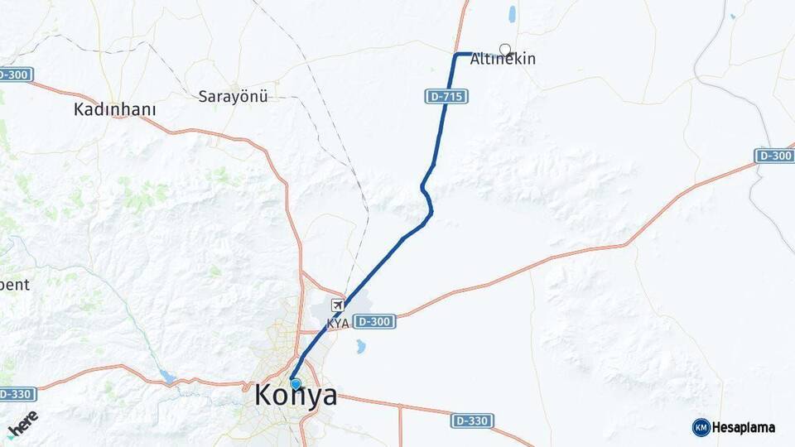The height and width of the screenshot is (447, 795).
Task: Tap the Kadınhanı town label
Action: point(115,109)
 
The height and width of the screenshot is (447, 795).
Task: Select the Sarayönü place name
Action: point(234,97)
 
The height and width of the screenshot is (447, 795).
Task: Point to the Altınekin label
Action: point(503,60)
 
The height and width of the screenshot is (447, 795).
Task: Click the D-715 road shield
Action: point(448,97)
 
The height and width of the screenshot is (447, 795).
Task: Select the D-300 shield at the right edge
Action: point(774,156)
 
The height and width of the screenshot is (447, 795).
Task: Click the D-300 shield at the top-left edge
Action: point(15,74)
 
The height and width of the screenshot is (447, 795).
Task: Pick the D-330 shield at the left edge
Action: point(17,394)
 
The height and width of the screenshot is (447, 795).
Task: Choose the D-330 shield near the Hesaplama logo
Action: point(473,421)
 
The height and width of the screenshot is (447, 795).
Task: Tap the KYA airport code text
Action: point(338,323)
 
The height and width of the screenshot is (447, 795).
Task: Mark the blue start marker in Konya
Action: point(296,383)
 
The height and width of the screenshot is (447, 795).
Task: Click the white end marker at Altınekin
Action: point(505,49)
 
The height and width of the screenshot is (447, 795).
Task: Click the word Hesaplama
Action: point(744,428)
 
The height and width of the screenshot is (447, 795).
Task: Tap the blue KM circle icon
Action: point(701,428)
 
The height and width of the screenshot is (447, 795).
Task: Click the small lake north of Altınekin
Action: point(513,14)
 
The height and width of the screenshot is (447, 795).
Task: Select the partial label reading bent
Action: point(15,285)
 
